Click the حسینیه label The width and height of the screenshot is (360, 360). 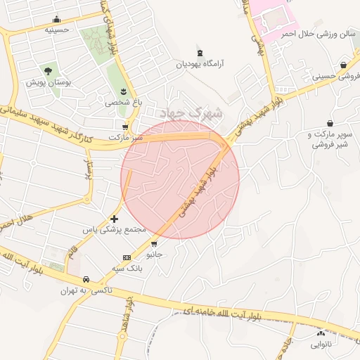[56, 30]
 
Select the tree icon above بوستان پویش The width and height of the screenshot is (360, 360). [47, 70]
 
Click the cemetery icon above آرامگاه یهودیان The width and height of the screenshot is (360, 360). [200, 53]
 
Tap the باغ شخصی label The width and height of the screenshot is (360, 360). [124, 103]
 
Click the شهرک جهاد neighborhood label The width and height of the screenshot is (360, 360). [191, 112]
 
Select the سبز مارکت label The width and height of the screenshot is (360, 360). [126, 137]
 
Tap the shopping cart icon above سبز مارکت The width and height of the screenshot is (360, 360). [126, 127]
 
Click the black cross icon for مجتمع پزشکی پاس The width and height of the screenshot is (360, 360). [115, 219]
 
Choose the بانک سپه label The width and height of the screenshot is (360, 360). [127, 269]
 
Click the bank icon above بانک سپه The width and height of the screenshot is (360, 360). [127, 257]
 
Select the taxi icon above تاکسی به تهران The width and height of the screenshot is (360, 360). [86, 279]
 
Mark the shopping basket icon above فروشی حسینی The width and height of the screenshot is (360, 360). [342, 65]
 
